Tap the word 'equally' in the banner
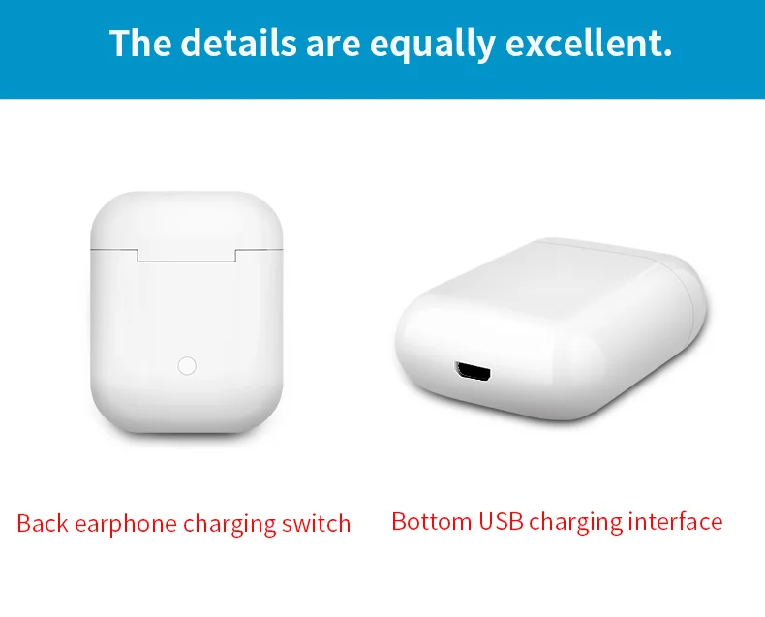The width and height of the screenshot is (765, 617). click(x=432, y=45)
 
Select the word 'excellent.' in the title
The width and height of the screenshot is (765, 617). click(x=589, y=43)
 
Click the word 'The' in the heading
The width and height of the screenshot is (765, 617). click(x=140, y=43)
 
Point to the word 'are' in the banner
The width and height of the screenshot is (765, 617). click(x=333, y=47)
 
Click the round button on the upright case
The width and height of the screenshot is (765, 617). click(x=187, y=365)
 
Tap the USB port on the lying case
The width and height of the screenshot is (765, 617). click(x=473, y=372)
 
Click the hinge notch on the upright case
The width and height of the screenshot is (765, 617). click(x=187, y=256)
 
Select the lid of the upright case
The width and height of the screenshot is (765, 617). click(x=186, y=221)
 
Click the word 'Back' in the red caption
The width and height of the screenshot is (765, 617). click(x=43, y=523)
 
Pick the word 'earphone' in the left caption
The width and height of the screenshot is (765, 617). click(x=125, y=525)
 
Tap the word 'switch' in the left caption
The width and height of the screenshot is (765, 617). click(x=316, y=523)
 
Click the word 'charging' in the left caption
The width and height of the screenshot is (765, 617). click(x=229, y=525)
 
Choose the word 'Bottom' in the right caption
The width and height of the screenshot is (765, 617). click(x=431, y=521)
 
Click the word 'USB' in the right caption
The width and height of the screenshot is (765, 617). click(x=501, y=521)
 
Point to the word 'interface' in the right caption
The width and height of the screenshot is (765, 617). click(x=675, y=521)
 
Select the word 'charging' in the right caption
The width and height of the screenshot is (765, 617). click(x=576, y=523)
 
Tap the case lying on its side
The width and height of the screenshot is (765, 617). click(x=551, y=329)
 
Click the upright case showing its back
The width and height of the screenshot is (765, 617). click(x=186, y=313)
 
